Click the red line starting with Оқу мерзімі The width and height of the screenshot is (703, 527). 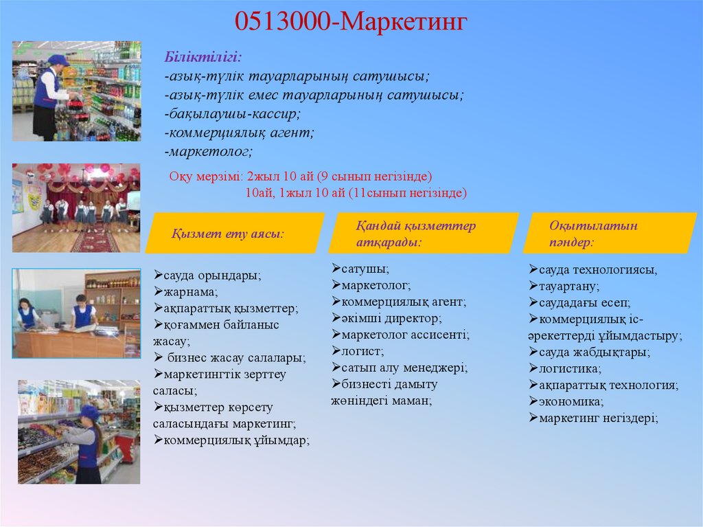[x=301, y=176]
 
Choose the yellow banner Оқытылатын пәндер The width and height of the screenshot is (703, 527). [x=596, y=234]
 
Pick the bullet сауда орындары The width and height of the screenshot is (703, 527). [x=209, y=276]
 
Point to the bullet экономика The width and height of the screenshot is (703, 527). [x=566, y=401]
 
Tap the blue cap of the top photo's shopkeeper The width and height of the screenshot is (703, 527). [x=58, y=60]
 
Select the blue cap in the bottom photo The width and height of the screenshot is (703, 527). [x=89, y=412]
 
